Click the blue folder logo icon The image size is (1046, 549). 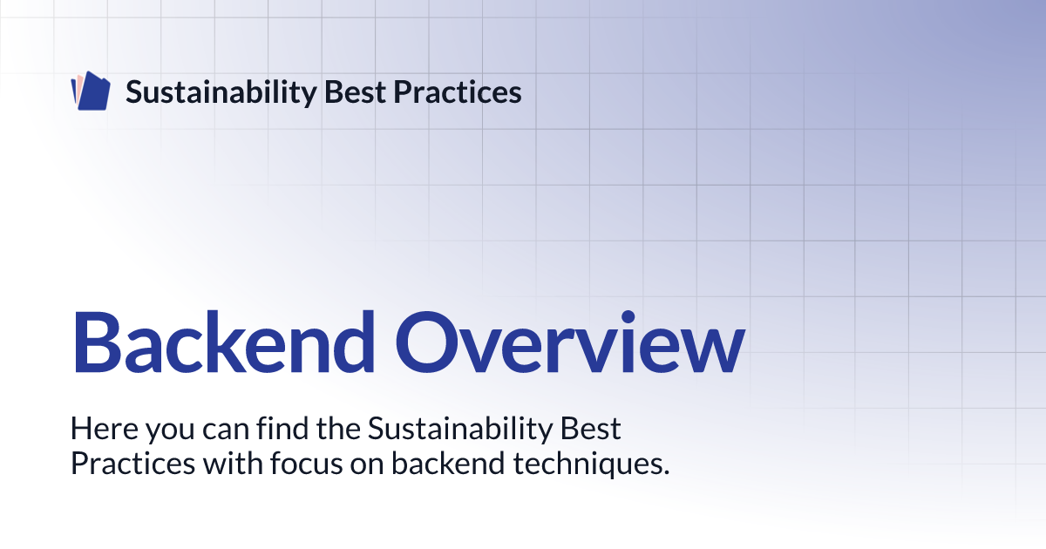(91, 91)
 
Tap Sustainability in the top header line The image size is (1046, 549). (221, 92)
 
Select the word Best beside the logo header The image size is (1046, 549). (355, 92)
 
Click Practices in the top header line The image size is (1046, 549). (457, 92)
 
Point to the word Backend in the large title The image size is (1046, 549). (224, 342)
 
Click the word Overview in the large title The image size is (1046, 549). (570, 342)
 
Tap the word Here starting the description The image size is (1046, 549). (104, 428)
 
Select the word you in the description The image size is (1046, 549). (170, 432)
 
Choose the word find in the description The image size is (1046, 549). (282, 428)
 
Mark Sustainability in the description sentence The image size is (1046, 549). (460, 429)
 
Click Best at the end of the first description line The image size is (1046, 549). (591, 428)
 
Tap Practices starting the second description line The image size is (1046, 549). (132, 464)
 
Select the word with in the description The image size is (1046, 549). (233, 463)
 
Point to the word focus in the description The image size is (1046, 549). (306, 463)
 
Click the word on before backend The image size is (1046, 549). (367, 466)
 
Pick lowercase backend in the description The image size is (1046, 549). (448, 463)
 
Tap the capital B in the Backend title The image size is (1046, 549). (97, 342)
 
